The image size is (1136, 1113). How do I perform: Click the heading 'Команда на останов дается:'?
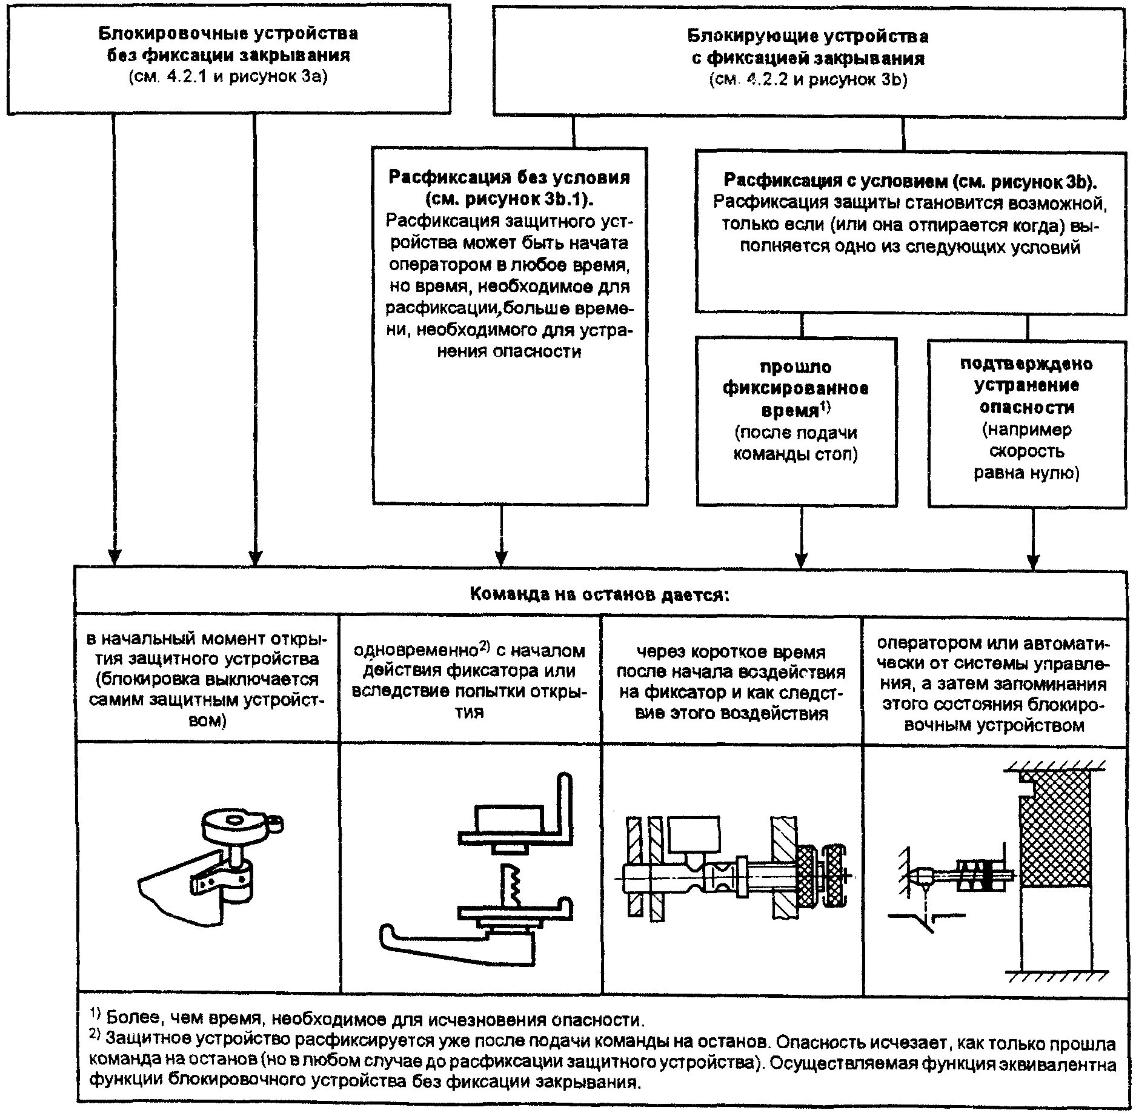600,594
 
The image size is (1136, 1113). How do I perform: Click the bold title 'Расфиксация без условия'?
509,178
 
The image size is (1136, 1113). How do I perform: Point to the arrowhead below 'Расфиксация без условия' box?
501,557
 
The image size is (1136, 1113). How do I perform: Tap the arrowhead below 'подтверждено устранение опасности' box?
1034,560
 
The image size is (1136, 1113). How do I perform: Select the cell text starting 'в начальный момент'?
207,679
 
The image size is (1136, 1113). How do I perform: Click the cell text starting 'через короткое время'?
731,682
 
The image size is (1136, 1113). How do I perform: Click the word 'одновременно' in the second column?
416,651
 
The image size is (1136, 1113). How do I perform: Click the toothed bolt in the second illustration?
508,885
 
